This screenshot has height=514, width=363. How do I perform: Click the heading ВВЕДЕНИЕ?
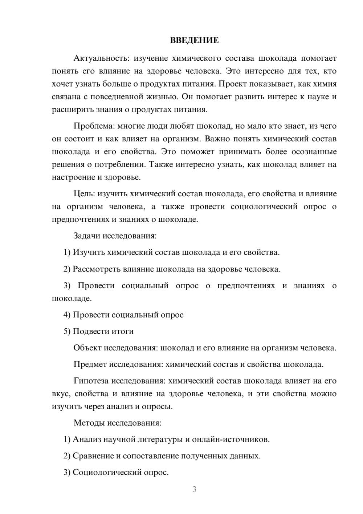click(x=194, y=40)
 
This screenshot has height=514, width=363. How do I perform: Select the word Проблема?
click(x=94, y=126)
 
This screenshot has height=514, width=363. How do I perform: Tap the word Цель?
click(x=84, y=194)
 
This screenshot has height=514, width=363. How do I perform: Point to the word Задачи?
click(x=87, y=236)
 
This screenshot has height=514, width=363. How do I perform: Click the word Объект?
click(x=87, y=348)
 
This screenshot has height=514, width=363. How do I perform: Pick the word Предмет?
click(x=90, y=364)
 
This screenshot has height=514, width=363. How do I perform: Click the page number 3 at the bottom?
click(x=194, y=489)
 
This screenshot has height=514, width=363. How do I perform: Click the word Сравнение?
click(x=93, y=456)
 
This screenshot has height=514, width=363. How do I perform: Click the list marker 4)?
click(x=67, y=315)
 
